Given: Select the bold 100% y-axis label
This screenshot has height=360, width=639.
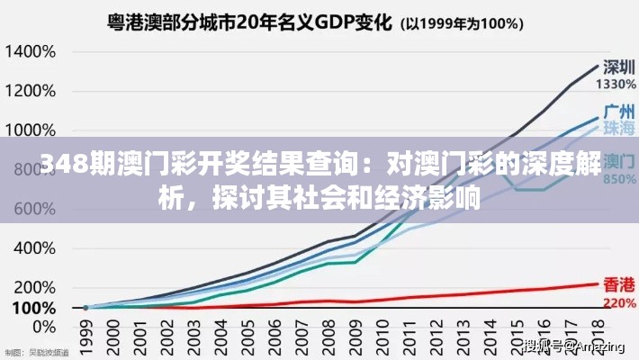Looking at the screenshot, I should pyautogui.click(x=33, y=307).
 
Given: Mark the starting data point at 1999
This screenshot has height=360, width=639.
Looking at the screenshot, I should pyautogui.click(x=86, y=308).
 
